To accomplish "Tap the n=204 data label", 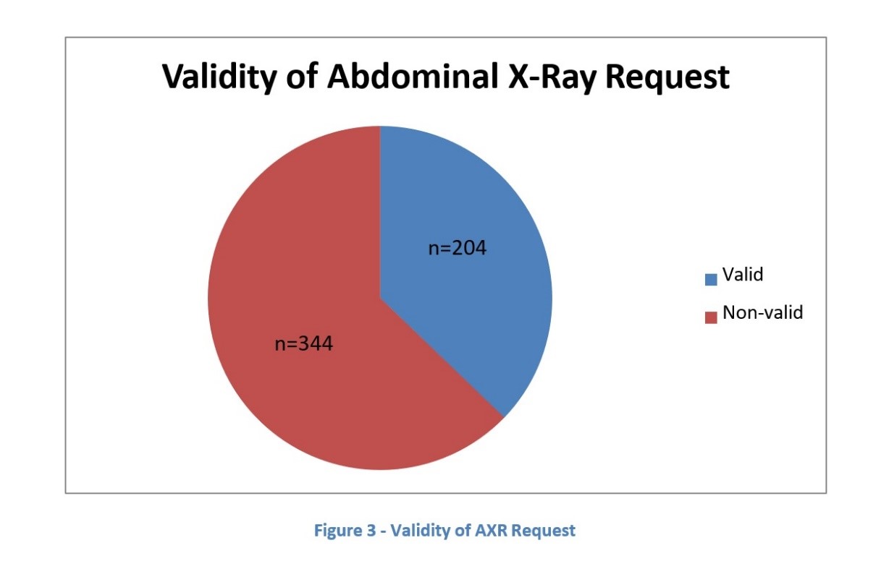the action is pos(458,248).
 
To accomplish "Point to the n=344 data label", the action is pos(303,343).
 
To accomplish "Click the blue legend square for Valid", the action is pos(711,280).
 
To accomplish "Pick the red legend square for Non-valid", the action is pos(711,317).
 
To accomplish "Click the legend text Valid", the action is pos(743,274).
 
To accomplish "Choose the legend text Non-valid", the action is pos(763,312).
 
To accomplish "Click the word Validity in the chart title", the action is pos(220,77).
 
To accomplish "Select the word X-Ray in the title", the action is pos(552,78).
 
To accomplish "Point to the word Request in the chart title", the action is pos(667,78).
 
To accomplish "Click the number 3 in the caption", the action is pos(371,531).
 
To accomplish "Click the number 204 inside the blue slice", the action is pos(468,248).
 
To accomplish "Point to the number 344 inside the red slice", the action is pos(316,343).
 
